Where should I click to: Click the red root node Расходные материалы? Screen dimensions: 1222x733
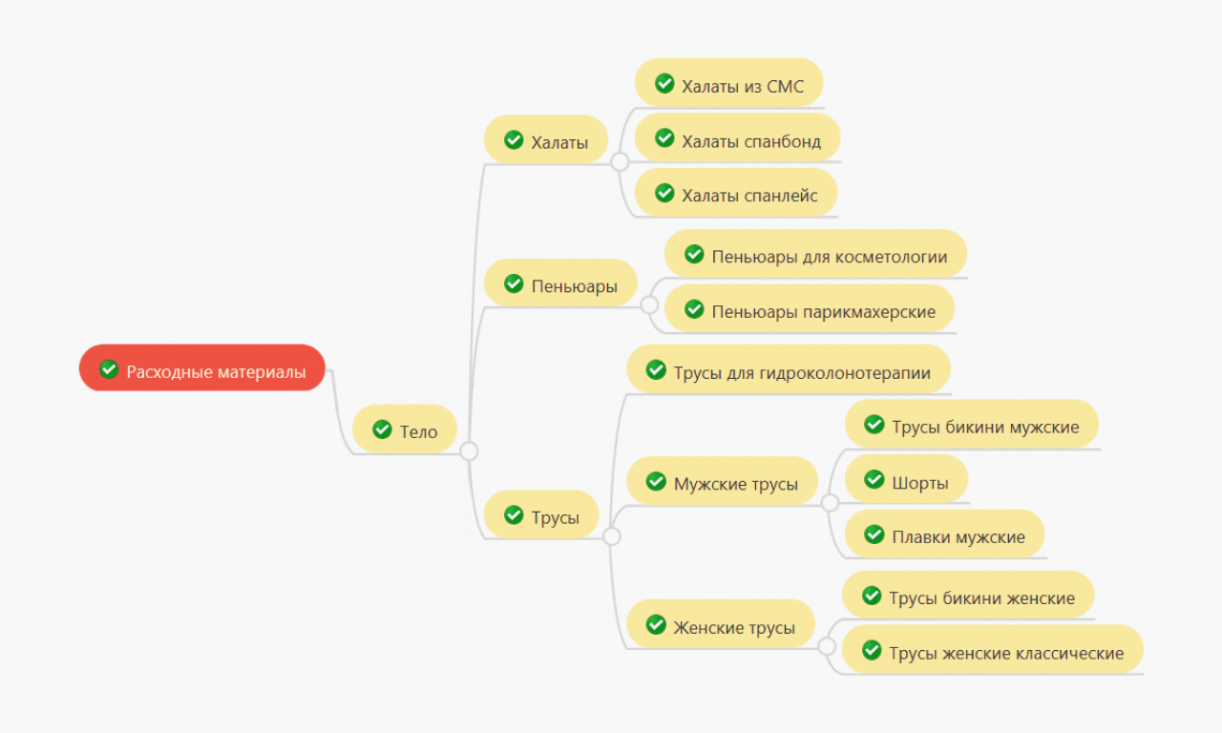(x=201, y=367)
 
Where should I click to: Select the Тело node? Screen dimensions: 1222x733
(x=405, y=429)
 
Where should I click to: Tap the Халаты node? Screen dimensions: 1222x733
(x=546, y=139)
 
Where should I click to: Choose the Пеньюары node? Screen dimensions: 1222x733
(x=560, y=283)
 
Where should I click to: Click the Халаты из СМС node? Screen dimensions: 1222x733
(x=728, y=83)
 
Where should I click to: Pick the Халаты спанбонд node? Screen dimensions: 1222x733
(x=738, y=138)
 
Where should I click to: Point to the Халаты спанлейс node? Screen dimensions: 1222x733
(x=736, y=193)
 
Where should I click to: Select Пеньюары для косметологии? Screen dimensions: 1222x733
(x=815, y=254)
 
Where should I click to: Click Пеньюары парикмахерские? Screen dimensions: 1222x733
(x=810, y=308)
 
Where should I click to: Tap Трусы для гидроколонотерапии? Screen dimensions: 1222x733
(x=789, y=369)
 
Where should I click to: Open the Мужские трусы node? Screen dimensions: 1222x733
(x=723, y=481)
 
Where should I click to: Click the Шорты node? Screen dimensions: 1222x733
(x=907, y=479)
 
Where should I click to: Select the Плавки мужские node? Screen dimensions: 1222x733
(x=945, y=534)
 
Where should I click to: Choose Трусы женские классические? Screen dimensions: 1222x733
(x=993, y=650)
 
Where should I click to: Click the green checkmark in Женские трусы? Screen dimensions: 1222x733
(x=656, y=624)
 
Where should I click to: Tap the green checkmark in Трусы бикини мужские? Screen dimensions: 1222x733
(x=874, y=424)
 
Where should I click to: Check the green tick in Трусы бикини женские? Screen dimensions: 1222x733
(x=872, y=595)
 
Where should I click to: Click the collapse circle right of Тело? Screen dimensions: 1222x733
(x=469, y=451)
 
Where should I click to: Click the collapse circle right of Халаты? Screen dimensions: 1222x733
(x=620, y=162)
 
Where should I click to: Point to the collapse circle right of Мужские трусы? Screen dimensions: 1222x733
(x=830, y=503)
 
